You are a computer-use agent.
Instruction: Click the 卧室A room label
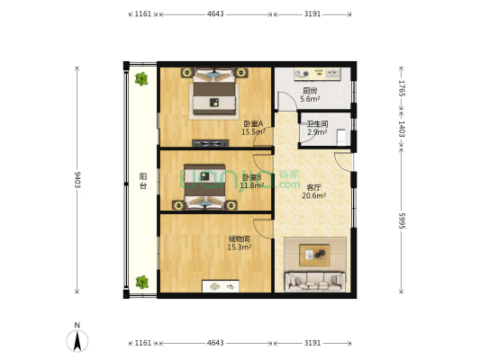click(x=253, y=123)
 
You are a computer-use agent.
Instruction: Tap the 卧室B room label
click(x=251, y=177)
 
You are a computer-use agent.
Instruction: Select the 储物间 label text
click(x=239, y=238)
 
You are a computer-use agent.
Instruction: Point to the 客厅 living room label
click(x=289, y=187)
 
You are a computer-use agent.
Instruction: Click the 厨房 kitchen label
click(x=309, y=90)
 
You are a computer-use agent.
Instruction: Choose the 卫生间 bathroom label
click(x=316, y=124)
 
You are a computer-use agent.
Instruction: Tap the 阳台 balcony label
click(x=143, y=181)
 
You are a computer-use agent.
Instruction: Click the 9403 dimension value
click(x=77, y=180)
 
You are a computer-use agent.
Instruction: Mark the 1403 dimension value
click(x=402, y=129)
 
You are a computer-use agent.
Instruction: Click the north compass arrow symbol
click(x=77, y=340)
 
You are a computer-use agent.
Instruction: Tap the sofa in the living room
click(x=314, y=281)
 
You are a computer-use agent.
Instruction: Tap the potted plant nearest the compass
click(x=141, y=283)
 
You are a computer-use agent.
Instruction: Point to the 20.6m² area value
click(x=289, y=196)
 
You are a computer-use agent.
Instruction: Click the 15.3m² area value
click(x=239, y=247)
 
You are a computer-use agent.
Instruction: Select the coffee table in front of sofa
click(x=314, y=254)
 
